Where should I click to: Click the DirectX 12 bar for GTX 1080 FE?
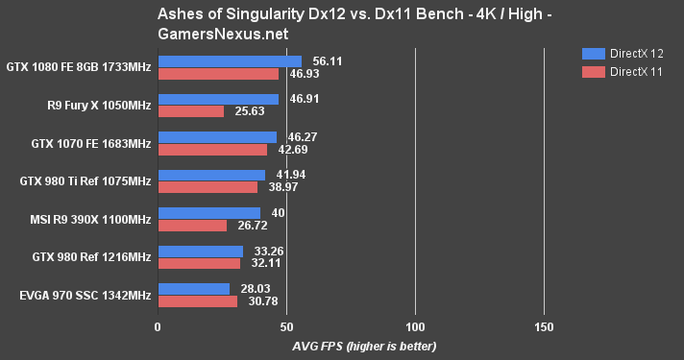pyautogui.click(x=230, y=60)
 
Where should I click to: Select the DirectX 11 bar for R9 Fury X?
pyautogui.click(x=190, y=111)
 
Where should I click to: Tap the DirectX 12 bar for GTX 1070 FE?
pyautogui.click(x=217, y=137)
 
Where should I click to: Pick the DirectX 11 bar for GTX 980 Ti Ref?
pyautogui.click(x=208, y=187)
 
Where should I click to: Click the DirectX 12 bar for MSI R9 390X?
pyautogui.click(x=208, y=213)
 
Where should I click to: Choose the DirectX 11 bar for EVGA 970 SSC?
pyautogui.click(x=197, y=301)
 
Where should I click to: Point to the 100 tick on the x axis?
pyautogui.click(x=415, y=325)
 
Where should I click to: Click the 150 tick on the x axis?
pyautogui.click(x=544, y=325)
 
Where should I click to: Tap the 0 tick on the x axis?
pyautogui.click(x=158, y=325)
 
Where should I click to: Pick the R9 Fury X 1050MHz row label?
pyautogui.click(x=99, y=105)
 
